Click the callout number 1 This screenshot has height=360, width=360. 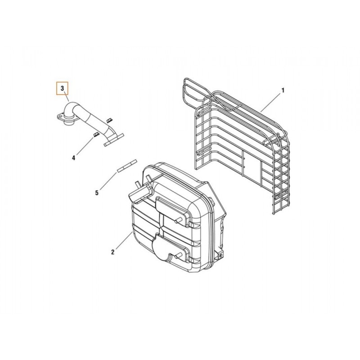click(283, 90)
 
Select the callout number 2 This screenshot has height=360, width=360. click(113, 252)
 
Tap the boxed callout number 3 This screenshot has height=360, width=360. click(63, 88)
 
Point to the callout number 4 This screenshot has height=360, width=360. click(73, 158)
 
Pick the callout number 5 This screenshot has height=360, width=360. click(97, 193)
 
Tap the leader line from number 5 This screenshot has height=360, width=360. click(108, 181)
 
